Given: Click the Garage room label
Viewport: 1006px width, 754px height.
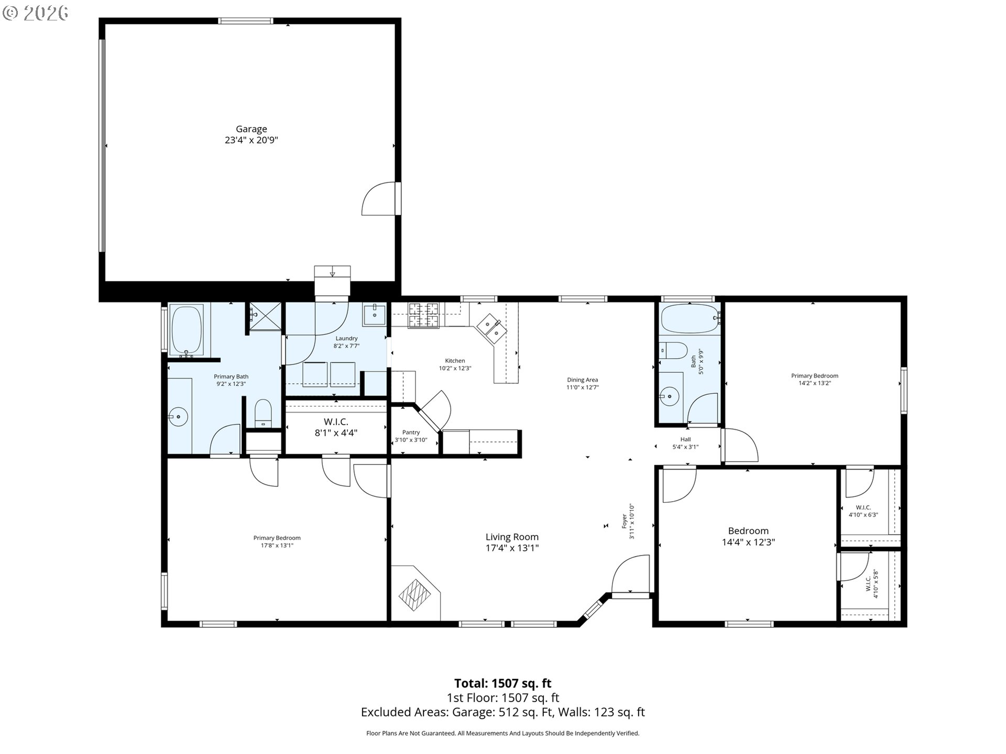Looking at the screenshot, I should click(251, 135).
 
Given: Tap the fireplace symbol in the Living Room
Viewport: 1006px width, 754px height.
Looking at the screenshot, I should click(415, 594).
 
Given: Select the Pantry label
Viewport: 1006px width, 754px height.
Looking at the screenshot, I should click(411, 436).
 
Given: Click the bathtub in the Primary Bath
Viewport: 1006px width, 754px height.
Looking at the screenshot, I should click(187, 330).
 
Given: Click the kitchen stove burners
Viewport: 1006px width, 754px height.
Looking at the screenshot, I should click(423, 316).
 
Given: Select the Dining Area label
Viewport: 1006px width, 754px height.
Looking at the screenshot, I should click(582, 384).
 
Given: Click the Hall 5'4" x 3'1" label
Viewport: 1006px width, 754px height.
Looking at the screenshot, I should click(685, 443).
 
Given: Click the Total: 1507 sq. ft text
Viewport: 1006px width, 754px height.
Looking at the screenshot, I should click(502, 683).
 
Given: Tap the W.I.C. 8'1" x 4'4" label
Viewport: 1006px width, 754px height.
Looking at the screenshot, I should click(335, 427).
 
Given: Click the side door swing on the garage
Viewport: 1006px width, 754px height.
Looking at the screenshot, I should click(378, 199).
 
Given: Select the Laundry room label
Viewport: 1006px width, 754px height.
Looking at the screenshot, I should click(346, 342).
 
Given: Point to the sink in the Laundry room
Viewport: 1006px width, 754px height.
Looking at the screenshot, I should click(375, 314).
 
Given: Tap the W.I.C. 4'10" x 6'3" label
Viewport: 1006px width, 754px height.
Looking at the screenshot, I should click(863, 511).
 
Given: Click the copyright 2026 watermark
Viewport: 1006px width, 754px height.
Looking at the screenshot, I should click(35, 13).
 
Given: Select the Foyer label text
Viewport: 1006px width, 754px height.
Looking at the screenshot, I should click(628, 522).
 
